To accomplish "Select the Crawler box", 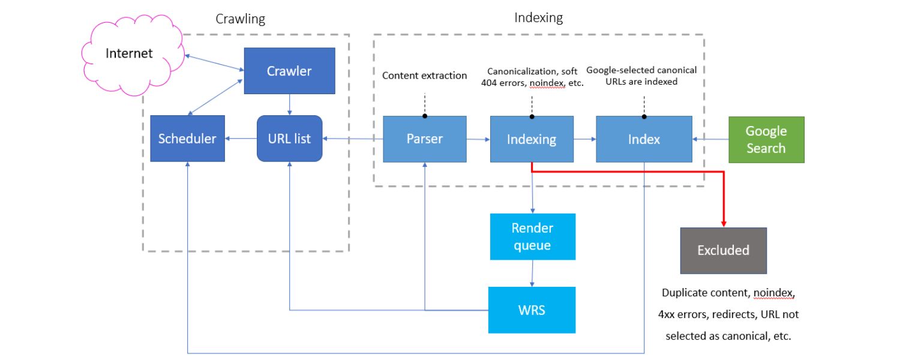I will [x=289, y=71].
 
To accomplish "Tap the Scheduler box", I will [x=187, y=139].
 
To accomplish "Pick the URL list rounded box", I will [x=289, y=139].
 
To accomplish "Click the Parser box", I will [x=425, y=139].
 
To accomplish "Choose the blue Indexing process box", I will [x=532, y=139].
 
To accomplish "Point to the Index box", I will [x=644, y=139].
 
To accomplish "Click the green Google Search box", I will [x=766, y=140].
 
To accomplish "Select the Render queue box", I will [x=532, y=236].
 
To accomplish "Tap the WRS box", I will [x=532, y=310].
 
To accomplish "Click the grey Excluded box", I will [x=723, y=250].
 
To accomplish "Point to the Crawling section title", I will [x=240, y=19].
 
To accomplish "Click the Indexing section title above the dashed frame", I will [x=538, y=18].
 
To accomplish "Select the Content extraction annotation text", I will [x=424, y=76].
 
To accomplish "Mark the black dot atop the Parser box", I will [x=425, y=116].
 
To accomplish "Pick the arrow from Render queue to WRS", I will [x=532, y=274].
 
